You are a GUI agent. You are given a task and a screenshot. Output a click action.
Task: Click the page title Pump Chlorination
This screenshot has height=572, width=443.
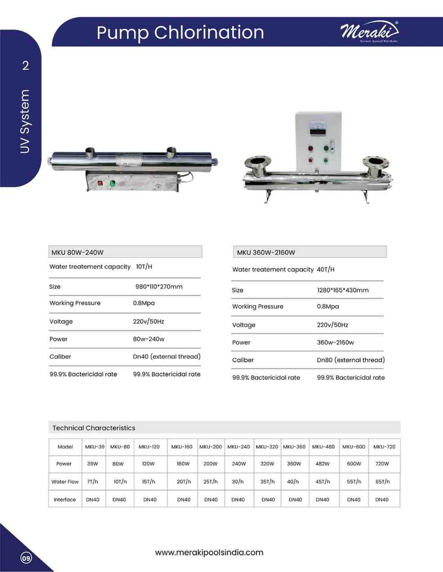[180, 32]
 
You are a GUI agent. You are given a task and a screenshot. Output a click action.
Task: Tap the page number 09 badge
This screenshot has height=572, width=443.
[26, 558]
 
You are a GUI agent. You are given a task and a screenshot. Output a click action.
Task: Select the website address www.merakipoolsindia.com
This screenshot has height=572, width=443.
[209, 552]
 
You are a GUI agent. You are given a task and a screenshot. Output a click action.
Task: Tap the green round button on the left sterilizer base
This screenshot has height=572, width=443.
[112, 183]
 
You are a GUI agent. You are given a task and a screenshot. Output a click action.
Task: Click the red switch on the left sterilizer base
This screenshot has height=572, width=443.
[100, 183]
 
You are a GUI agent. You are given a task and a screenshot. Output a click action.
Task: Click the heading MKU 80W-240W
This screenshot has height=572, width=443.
[78, 252]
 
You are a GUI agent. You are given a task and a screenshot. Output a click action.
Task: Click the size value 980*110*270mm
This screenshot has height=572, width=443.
[159, 287]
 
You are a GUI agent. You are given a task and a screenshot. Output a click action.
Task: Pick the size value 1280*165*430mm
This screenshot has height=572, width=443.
[342, 290]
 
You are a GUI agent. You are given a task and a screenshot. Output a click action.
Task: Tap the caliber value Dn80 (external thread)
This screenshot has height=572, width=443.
[350, 360]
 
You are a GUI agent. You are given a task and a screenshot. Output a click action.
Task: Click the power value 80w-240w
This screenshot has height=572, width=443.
[148, 339]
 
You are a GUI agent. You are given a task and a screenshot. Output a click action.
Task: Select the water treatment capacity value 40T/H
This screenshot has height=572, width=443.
[326, 270]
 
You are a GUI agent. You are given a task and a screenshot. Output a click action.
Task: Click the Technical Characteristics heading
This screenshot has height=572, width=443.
[93, 428]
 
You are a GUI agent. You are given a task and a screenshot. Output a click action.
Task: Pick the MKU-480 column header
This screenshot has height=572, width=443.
[323, 447]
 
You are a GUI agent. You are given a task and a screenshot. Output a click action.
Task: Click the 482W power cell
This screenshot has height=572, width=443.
[323, 464]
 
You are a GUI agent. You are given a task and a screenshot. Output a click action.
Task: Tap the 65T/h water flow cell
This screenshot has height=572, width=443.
[382, 482]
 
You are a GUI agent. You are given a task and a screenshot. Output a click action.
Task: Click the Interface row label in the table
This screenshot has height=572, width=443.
[65, 500]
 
